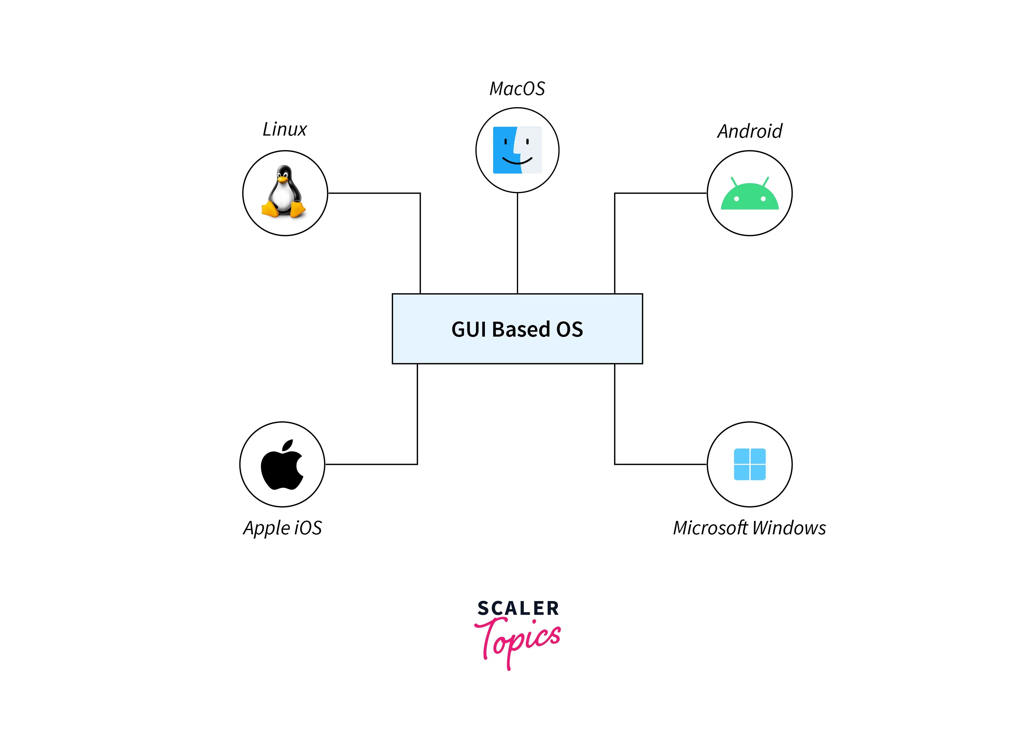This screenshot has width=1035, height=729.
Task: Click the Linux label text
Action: [284, 129]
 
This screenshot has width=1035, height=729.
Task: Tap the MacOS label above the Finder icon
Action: [517, 89]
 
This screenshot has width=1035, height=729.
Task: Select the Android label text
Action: [750, 131]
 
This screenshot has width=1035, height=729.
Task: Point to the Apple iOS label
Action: [282, 528]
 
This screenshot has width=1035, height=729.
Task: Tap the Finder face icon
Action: [517, 150]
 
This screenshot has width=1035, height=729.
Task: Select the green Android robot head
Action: [750, 197]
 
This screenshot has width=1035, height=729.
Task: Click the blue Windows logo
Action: [750, 464]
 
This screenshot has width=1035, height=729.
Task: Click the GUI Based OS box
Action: [517, 329]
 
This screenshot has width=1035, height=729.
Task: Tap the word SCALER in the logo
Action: [518, 608]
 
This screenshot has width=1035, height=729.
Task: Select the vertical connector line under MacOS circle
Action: [517, 244]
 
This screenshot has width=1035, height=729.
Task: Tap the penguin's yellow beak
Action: [282, 179]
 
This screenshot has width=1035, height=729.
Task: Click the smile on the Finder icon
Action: [517, 161]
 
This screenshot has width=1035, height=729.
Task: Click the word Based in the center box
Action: [521, 329]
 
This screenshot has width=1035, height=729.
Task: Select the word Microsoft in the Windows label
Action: [710, 528]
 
